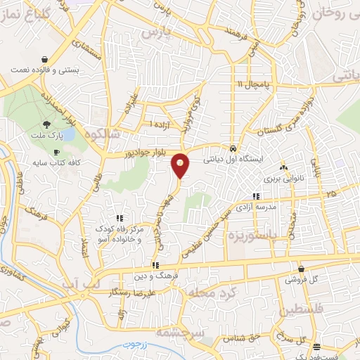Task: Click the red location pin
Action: pos(181,165)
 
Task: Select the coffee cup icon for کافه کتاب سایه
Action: pos(56,153)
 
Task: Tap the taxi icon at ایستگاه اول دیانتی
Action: pos(233,149)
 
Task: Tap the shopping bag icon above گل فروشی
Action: pos(301,269)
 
